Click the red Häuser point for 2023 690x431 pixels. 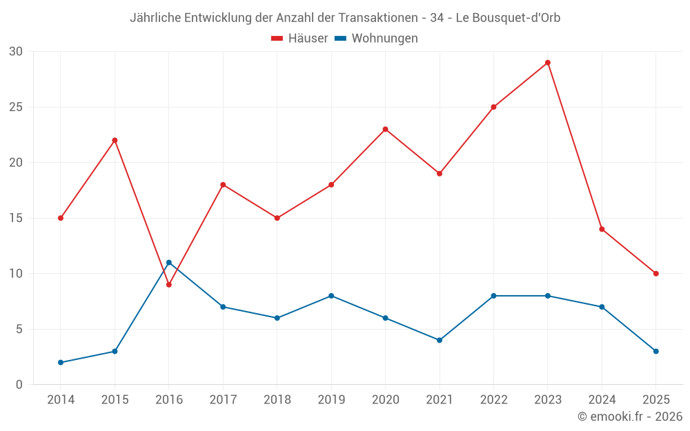click(548, 63)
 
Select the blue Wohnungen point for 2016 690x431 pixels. click(168, 263)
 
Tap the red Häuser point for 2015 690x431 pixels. click(115, 141)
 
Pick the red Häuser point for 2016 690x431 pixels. click(168, 285)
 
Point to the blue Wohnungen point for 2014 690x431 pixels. click(61, 363)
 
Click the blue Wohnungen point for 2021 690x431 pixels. click(440, 340)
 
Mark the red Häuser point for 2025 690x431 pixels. click(656, 274)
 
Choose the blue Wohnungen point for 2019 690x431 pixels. click(331, 296)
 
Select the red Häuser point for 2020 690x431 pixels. click(385, 129)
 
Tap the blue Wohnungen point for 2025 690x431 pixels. click(656, 352)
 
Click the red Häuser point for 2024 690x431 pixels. click(602, 229)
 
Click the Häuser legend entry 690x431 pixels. click(299, 39)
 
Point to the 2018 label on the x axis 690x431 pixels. click(277, 400)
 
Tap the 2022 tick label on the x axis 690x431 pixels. click(493, 400)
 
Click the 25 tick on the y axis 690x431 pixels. click(16, 108)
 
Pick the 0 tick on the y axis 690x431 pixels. click(19, 385)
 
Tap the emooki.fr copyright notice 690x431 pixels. click(630, 417)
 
